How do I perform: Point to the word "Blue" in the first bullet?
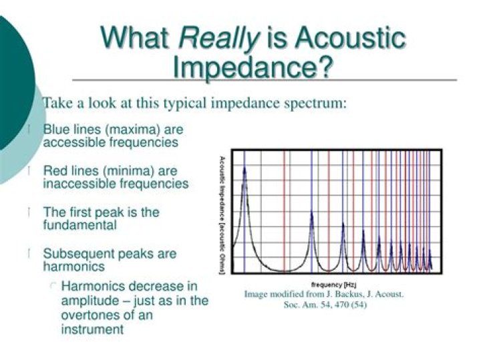pos(56,129)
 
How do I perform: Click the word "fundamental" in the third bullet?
pos(79,225)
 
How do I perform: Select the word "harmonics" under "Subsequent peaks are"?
pos(73,266)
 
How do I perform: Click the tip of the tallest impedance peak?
pos(245,167)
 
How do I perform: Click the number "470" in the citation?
pos(339,305)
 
